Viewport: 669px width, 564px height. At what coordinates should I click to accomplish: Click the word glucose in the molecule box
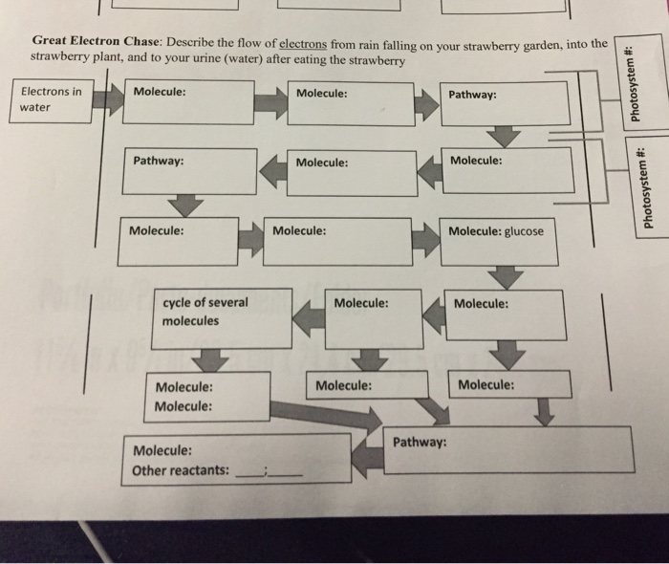(x=524, y=231)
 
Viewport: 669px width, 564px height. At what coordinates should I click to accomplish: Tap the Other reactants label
(x=181, y=470)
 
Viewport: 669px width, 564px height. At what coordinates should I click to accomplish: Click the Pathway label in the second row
(x=159, y=161)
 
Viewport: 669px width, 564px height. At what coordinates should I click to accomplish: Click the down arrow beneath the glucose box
(x=508, y=276)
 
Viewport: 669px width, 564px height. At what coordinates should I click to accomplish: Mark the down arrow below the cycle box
(x=211, y=359)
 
